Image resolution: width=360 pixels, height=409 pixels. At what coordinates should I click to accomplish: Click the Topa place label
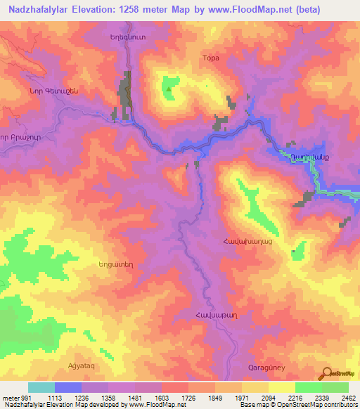tap(211, 58)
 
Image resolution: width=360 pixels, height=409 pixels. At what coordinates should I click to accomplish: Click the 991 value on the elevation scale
tap(22, 397)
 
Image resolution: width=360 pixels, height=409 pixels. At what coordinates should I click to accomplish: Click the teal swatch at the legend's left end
tap(41, 387)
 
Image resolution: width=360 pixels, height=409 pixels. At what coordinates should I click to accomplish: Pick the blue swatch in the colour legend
tap(67, 387)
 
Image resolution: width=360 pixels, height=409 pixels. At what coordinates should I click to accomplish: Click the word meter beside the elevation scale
tap(9, 397)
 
